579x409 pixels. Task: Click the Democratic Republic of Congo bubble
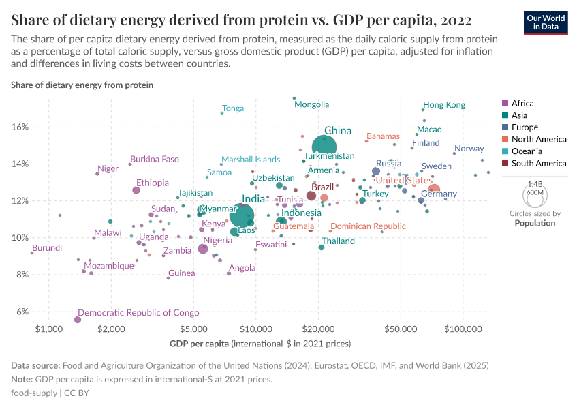(78, 320)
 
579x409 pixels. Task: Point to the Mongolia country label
(311, 104)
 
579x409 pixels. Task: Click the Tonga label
(233, 108)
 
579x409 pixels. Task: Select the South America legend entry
(533, 163)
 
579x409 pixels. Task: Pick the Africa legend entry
(524, 104)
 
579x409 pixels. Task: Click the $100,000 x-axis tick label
(463, 331)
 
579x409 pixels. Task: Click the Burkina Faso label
(155, 159)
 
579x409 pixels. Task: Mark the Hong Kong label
(444, 105)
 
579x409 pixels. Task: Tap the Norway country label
(469, 149)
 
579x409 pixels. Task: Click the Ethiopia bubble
(136, 190)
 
